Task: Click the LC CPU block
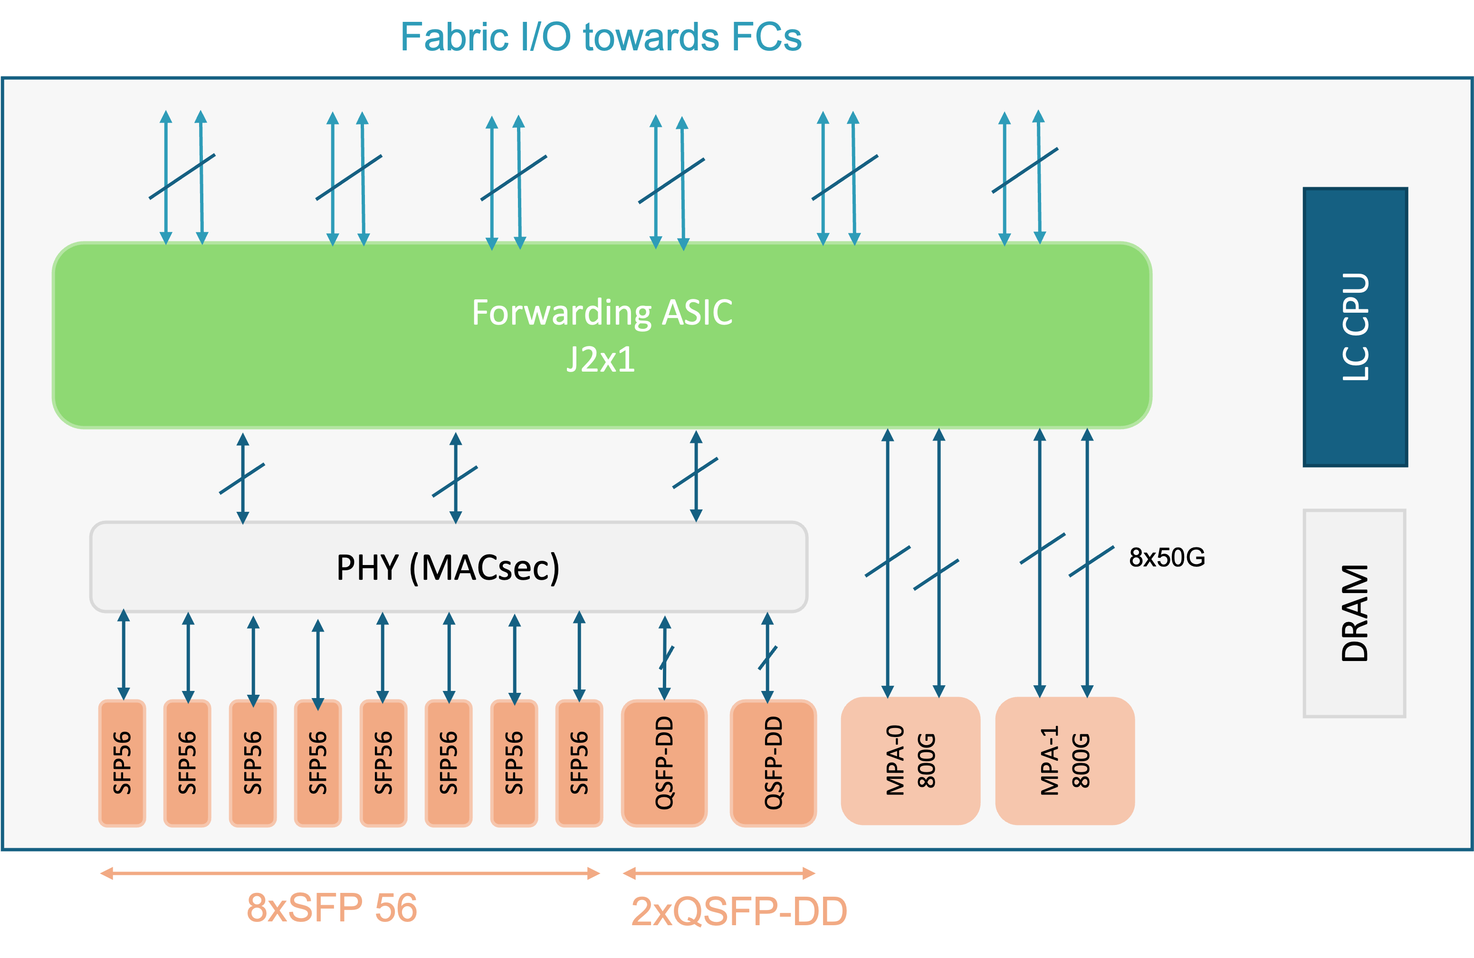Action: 1355,326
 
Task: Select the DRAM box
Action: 1354,613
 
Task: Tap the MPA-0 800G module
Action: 910,760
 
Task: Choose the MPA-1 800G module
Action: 1064,760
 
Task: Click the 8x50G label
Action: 1167,557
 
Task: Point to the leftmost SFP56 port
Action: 123,763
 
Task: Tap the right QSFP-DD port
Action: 774,763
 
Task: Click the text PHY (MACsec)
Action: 448,567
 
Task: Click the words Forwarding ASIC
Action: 602,312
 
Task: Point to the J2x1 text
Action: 601,359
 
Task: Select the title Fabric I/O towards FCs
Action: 601,37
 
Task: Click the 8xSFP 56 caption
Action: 332,908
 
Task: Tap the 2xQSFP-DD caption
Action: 739,911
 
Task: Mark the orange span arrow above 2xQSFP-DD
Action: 719,873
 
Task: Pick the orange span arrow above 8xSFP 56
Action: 350,873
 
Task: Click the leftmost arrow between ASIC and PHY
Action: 243,478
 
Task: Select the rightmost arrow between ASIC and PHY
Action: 696,476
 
